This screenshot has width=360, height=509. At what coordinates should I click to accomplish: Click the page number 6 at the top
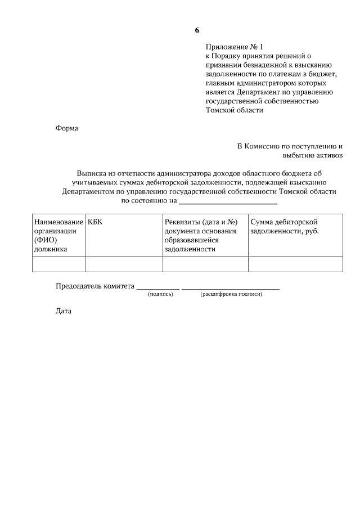[x=197, y=30]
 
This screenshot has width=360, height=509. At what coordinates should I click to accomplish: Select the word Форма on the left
[x=67, y=128]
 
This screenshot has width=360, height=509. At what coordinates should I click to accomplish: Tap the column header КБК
[x=96, y=222]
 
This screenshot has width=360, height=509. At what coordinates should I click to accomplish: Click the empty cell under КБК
[x=124, y=264]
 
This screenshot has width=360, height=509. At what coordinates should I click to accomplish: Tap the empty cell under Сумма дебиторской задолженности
[x=295, y=264]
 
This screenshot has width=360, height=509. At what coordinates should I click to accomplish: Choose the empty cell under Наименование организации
[x=58, y=264]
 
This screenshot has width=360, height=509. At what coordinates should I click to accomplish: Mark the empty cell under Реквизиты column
[x=205, y=264]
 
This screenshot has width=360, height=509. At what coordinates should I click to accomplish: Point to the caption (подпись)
[x=160, y=294]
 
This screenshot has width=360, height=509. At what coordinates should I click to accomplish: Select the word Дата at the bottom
[x=64, y=311]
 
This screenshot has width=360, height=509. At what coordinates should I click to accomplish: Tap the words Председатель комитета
[x=94, y=286]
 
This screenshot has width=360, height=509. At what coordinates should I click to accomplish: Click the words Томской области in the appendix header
[x=235, y=110]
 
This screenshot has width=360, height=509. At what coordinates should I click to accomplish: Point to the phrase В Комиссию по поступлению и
[x=290, y=146]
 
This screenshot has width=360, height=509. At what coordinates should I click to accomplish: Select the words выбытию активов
[x=312, y=155]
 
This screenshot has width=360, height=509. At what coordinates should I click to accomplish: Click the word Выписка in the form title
[x=94, y=174]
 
